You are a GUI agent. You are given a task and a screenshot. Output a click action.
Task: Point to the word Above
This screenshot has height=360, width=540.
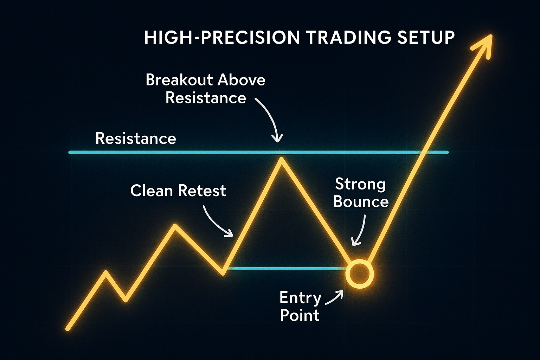click(x=241, y=80)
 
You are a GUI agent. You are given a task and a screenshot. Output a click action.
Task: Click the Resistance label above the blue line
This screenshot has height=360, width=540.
click(x=136, y=139)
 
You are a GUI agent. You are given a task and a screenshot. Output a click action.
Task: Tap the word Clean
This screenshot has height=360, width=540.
click(x=152, y=191)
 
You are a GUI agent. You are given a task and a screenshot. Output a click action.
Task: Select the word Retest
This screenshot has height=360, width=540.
click(x=202, y=191)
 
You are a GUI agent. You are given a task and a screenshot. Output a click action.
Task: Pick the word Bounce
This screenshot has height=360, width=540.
click(x=361, y=201)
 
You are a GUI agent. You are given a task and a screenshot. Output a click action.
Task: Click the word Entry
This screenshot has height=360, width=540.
click(x=300, y=298)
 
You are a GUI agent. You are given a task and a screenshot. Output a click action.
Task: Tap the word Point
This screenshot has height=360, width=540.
click(x=300, y=315)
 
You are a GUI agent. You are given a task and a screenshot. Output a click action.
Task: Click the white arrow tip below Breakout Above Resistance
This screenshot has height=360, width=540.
click(x=277, y=141)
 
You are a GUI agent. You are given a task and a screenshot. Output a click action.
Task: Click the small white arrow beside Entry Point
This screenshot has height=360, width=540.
click(x=334, y=297)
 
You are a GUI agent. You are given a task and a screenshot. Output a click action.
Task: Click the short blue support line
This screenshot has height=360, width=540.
click(x=287, y=268)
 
